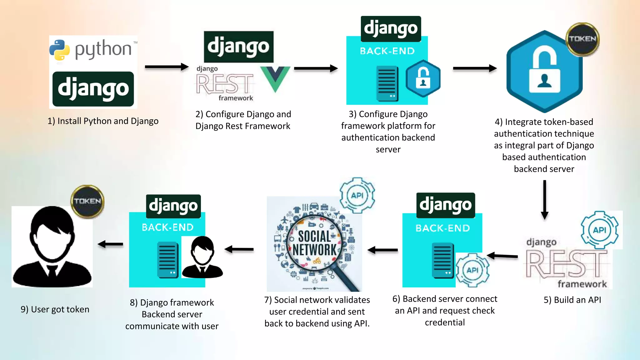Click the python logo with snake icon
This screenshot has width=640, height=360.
click(x=92, y=50)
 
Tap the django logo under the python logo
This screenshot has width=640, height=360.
click(x=93, y=89)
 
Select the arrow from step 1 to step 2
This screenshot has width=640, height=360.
click(x=167, y=67)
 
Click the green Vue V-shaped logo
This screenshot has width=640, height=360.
click(x=275, y=78)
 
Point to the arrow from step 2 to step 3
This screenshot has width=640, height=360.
click(x=316, y=68)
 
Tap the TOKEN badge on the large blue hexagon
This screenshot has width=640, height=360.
click(x=582, y=39)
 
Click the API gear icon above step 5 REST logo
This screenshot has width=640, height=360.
click(x=600, y=230)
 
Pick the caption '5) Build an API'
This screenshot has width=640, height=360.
click(x=572, y=300)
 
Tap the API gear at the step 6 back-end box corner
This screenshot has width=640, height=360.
click(x=472, y=270)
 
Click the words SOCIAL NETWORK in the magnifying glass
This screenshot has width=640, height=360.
click(x=314, y=243)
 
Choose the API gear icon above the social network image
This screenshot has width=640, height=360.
click(x=357, y=195)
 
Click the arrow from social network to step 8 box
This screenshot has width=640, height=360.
click(x=239, y=249)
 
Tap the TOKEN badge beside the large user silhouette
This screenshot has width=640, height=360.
click(x=87, y=201)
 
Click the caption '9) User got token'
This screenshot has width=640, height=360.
click(x=55, y=309)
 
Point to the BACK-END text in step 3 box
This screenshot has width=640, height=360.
click(x=387, y=51)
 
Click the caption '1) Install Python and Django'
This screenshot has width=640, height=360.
click(x=103, y=121)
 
